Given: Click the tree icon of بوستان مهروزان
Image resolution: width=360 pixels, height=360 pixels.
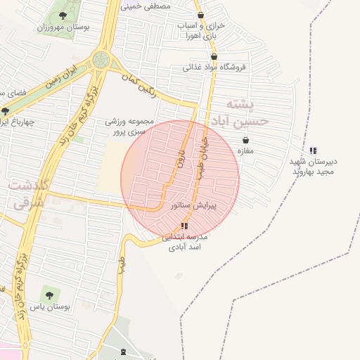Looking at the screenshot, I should [63, 15].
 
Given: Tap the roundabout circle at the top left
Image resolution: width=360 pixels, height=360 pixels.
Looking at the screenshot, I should [101, 60].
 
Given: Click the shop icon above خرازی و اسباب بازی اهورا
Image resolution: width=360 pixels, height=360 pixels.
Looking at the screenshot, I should [201, 15].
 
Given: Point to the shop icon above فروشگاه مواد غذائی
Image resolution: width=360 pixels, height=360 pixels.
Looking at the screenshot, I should [214, 57].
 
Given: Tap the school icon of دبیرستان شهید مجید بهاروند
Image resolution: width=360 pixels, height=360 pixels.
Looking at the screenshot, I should [313, 150].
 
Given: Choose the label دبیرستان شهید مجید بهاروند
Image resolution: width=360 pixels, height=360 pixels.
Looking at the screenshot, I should [314, 166].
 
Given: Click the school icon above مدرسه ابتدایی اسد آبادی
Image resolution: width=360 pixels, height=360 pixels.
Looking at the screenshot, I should [184, 226].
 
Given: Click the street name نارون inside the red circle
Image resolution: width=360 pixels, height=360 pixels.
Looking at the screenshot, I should [180, 163].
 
